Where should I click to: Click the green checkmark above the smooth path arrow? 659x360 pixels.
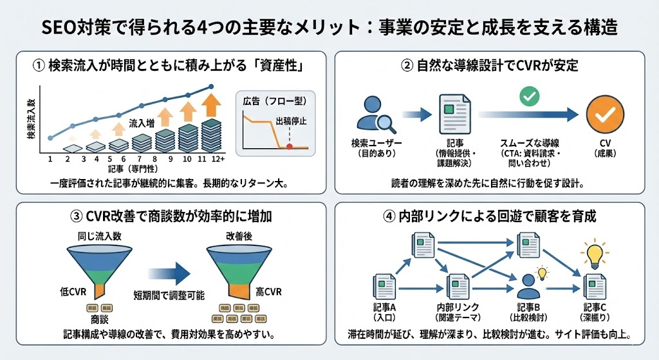point(528,97)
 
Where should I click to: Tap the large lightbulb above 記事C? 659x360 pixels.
point(593,254)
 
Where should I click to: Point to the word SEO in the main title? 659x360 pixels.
point(57,28)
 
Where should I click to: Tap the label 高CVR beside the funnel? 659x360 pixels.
point(268,292)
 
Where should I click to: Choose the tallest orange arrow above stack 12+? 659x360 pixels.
point(210,104)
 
